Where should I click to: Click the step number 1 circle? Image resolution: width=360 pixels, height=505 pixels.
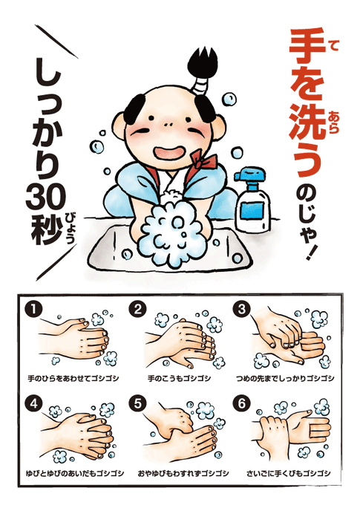click(x=34, y=309)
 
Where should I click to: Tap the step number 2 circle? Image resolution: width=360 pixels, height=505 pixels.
click(x=138, y=309)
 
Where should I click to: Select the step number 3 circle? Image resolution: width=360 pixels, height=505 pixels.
click(x=242, y=309)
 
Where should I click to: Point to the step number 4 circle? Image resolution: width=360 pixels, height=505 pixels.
click(x=34, y=404)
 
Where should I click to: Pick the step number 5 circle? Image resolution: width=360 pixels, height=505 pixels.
click(x=138, y=404)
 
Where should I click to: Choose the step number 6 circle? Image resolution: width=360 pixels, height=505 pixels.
click(x=242, y=404)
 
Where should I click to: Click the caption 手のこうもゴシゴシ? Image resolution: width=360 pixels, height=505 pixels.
click(x=180, y=378)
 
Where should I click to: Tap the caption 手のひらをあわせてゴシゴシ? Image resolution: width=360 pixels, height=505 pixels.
click(x=73, y=378)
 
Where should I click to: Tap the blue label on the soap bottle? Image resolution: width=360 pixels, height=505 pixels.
click(x=252, y=211)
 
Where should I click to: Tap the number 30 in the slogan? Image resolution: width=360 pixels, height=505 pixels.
click(x=46, y=197)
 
